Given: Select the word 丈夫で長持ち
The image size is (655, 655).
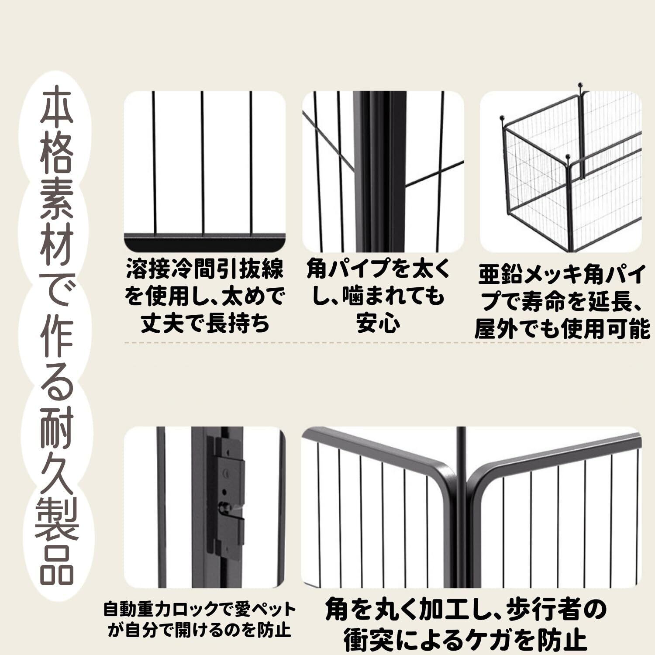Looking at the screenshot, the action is coord(205,323).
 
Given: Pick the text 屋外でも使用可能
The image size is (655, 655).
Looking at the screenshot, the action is coord(562,329).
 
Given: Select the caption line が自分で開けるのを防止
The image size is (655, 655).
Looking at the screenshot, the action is coord(200,630).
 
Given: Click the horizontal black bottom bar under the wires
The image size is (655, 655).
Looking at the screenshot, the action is coord(205,241).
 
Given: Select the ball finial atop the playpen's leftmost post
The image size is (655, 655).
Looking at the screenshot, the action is coord(502,118).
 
